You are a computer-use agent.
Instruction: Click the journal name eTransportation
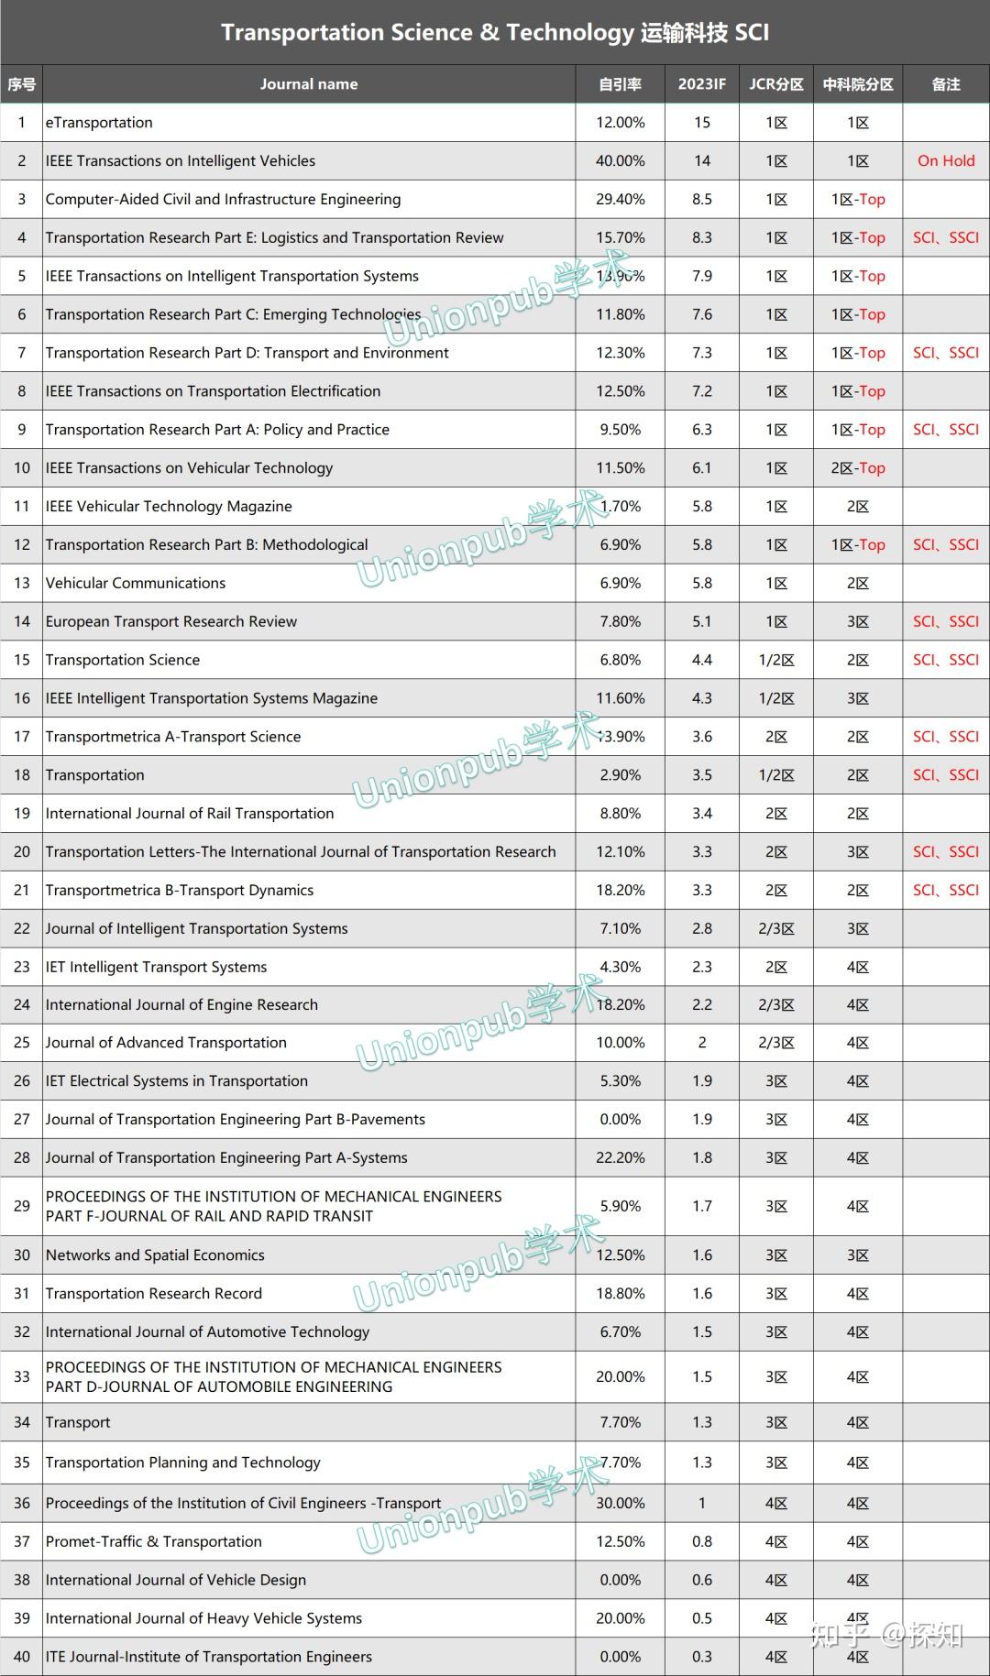(99, 123)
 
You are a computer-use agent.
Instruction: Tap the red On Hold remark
(946, 161)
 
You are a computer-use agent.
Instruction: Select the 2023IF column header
(701, 84)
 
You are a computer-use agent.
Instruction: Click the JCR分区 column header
(775, 84)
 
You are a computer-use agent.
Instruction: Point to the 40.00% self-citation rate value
(620, 161)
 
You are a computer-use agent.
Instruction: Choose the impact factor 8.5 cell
(701, 200)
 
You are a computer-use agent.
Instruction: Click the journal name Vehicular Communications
(136, 583)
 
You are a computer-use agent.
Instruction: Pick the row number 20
(22, 852)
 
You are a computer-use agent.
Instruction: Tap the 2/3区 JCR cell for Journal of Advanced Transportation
(775, 1043)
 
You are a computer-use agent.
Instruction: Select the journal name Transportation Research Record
(154, 1294)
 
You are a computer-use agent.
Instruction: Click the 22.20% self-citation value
(620, 1158)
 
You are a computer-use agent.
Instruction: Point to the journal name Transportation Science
(123, 660)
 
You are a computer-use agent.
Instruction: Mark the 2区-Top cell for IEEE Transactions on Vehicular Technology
(858, 468)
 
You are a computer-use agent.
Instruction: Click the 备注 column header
(946, 84)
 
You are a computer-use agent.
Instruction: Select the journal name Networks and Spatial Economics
(155, 1255)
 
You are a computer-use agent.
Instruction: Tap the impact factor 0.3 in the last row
(701, 1657)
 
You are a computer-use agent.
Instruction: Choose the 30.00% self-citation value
(620, 1504)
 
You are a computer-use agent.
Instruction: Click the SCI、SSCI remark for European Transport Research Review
(946, 621)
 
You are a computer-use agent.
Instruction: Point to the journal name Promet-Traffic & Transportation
(154, 1542)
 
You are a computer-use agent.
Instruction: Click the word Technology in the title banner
(570, 33)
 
